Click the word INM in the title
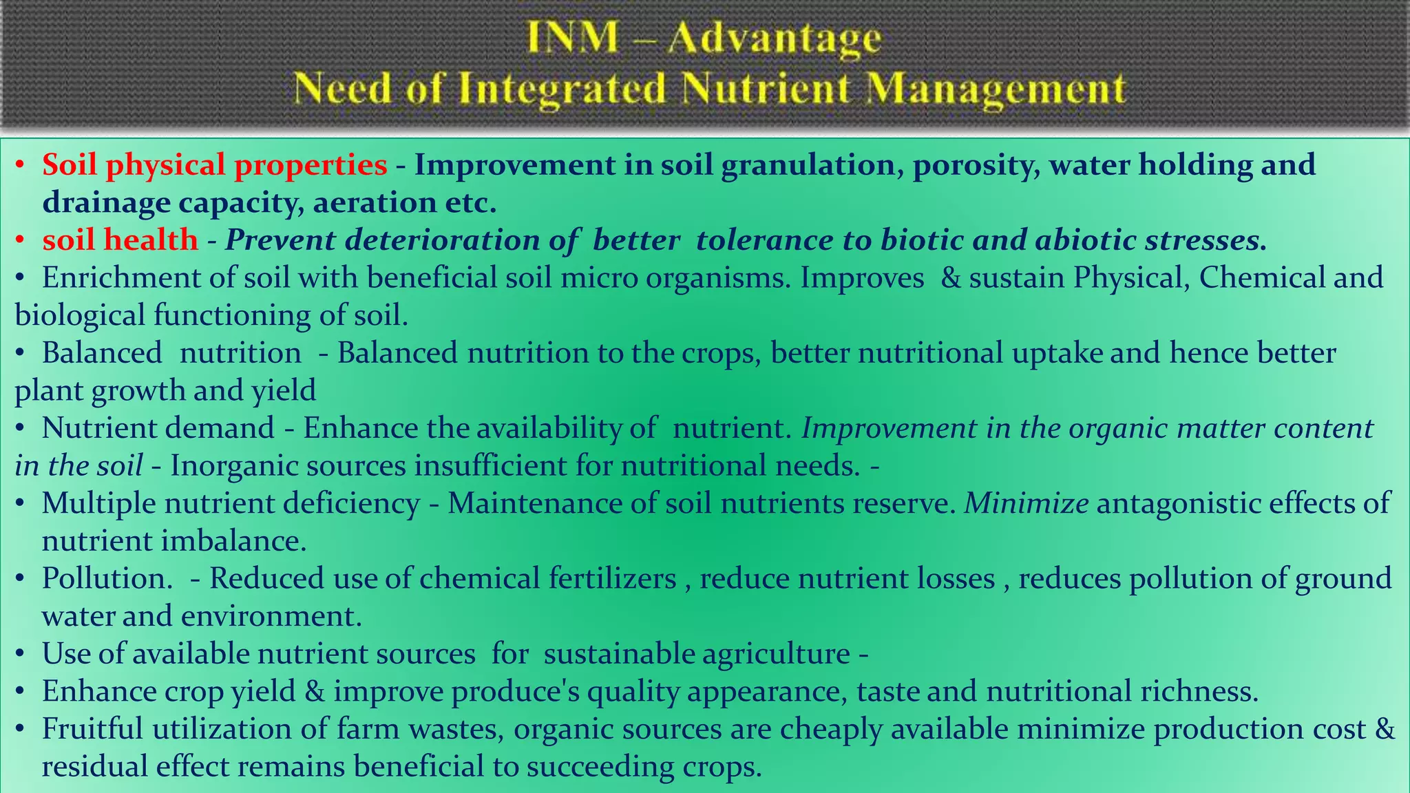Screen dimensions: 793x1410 pyautogui.click(x=573, y=38)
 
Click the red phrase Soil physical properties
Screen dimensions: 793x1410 pyautogui.click(x=214, y=165)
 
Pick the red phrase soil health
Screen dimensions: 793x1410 pyautogui.click(x=120, y=240)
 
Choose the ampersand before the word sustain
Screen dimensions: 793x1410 pyautogui.click(x=950, y=277)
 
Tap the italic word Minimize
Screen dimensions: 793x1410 pyautogui.click(x=1027, y=503)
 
